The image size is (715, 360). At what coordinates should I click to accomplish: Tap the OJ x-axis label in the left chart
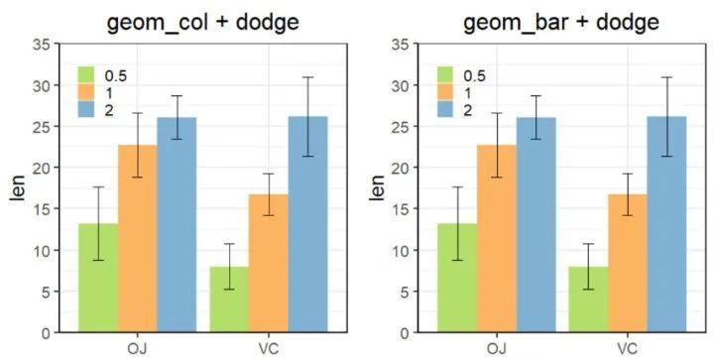pos(137,348)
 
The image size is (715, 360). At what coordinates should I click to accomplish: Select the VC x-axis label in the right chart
pos(627,348)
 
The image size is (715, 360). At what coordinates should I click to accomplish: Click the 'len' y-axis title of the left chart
pos(17,187)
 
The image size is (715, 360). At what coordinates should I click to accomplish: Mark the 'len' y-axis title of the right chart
pos(375,187)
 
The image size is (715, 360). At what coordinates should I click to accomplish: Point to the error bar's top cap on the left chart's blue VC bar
pos(307,77)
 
